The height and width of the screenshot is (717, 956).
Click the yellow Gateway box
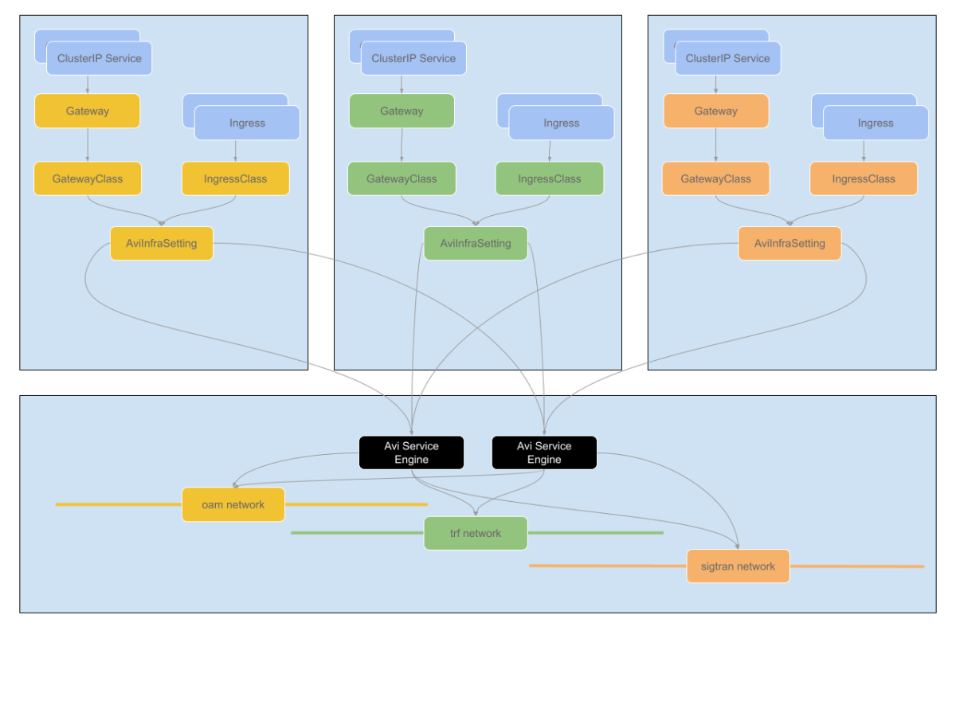(x=87, y=111)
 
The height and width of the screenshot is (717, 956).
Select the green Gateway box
(x=402, y=111)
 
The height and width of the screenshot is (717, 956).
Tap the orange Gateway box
(x=715, y=111)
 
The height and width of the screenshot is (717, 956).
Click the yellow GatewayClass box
(x=88, y=178)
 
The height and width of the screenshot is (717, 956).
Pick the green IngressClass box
(x=550, y=178)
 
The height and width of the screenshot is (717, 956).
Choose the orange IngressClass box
(x=864, y=178)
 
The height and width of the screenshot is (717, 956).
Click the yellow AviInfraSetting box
(x=162, y=243)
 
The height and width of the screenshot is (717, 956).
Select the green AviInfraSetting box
(x=476, y=243)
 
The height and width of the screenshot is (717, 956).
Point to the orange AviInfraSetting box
(x=789, y=243)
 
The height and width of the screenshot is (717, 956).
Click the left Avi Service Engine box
(x=411, y=453)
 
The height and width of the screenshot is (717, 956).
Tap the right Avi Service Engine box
(x=544, y=453)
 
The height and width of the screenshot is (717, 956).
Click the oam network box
(x=233, y=504)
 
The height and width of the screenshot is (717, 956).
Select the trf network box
(x=476, y=533)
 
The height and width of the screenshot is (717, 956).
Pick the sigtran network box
(x=738, y=566)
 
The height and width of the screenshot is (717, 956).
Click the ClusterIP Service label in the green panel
(x=413, y=58)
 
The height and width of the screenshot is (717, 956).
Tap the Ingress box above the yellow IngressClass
(x=247, y=123)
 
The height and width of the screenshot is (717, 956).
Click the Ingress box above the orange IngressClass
(x=876, y=123)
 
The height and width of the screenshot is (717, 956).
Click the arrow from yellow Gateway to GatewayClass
(x=88, y=145)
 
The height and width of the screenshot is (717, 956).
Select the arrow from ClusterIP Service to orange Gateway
(x=715, y=84)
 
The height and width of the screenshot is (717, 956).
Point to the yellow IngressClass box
(x=235, y=178)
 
